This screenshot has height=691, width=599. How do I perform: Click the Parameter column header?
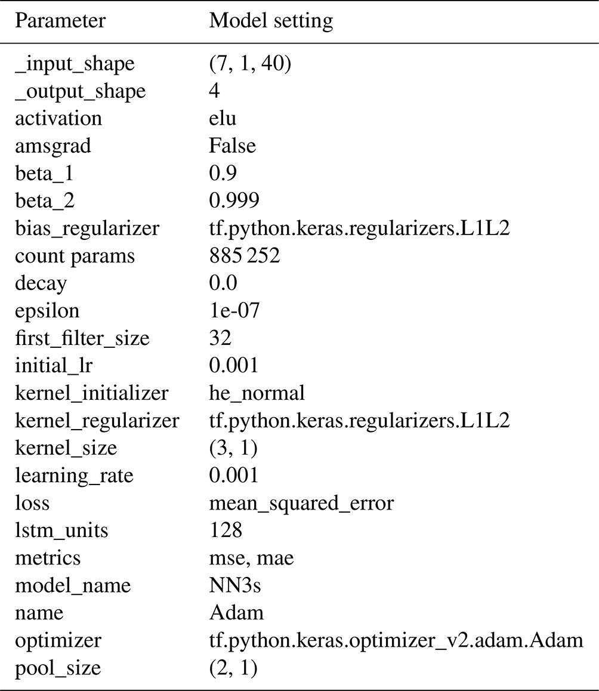tap(60, 21)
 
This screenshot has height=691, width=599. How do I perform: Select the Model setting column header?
tap(271, 21)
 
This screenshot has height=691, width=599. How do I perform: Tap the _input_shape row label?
tap(75, 64)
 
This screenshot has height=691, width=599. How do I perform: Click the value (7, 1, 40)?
tap(250, 64)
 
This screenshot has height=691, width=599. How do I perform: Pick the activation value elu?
tap(223, 118)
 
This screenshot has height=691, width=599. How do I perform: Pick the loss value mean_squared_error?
tap(301, 503)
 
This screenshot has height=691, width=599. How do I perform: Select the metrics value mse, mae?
tap(251, 559)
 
